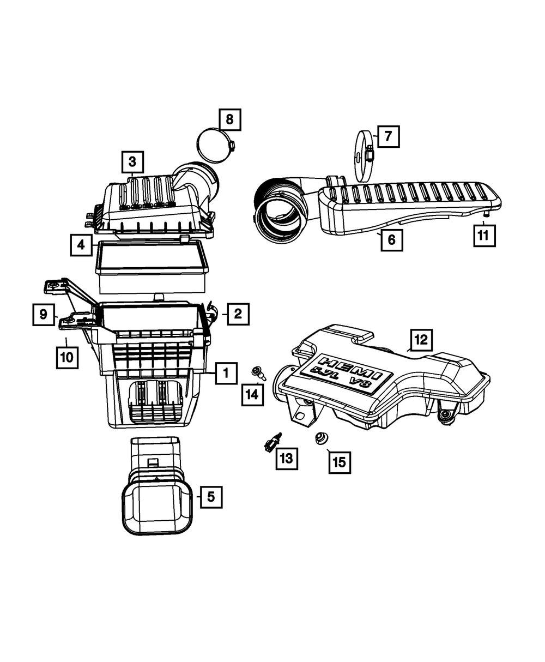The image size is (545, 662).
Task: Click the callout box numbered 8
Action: coord(229,119)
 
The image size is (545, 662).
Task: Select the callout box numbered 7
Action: coord(387,136)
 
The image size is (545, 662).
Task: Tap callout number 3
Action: coord(132,161)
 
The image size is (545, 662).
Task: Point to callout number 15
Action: coord(339,462)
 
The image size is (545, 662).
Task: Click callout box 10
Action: coord(66,358)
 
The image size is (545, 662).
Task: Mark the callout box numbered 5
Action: coord(211,497)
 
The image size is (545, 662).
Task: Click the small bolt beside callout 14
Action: coord(257,373)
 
